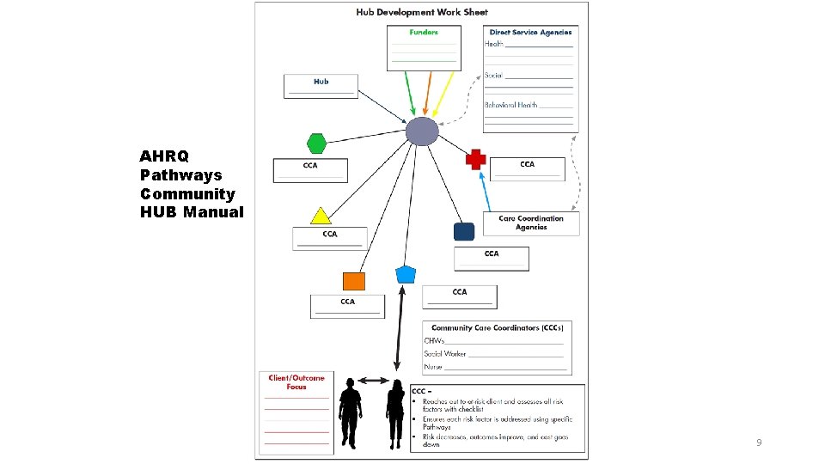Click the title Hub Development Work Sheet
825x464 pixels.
tap(421, 12)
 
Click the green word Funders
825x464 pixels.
tap(424, 33)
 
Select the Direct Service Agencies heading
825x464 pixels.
tap(530, 33)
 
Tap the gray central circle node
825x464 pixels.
tap(422, 131)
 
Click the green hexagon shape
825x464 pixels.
tap(317, 143)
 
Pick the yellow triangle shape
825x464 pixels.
tap(321, 215)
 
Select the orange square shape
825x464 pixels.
tap(353, 281)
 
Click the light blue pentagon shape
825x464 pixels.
tap(406, 275)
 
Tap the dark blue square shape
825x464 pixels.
tap(464, 232)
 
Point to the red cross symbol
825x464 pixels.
tap(476, 159)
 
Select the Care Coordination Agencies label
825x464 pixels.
tap(531, 223)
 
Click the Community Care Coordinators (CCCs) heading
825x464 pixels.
tap(497, 328)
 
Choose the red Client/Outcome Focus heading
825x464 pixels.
tap(296, 382)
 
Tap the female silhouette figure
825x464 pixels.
tap(396, 412)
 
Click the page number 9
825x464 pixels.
tap(759, 443)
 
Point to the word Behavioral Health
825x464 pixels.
tap(510, 105)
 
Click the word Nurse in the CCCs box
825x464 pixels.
tap(433, 367)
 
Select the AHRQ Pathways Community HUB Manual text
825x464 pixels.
tap(192, 184)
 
